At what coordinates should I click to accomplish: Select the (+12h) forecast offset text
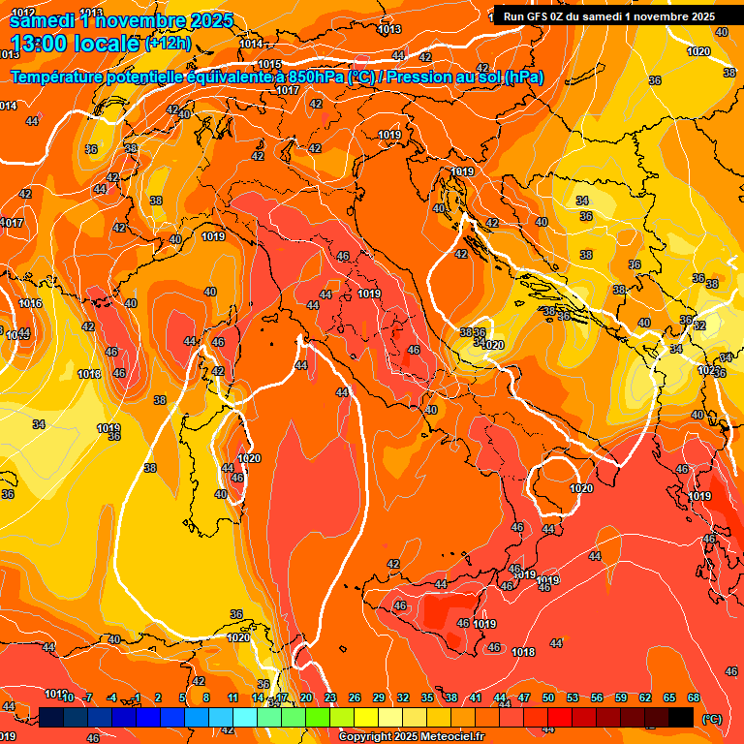tap(168, 43)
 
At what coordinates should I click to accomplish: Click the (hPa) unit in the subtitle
tap(523, 77)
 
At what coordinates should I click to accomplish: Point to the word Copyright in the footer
tap(366, 736)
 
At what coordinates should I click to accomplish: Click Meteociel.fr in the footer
tap(452, 736)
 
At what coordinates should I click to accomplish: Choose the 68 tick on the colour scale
tap(693, 697)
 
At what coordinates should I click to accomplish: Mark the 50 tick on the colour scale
tap(547, 697)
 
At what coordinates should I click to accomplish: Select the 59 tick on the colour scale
tap(620, 697)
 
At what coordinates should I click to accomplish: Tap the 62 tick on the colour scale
tap(644, 697)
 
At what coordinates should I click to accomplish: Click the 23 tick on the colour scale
tap(330, 697)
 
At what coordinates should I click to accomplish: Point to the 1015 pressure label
tap(269, 64)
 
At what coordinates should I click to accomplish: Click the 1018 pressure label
tap(523, 652)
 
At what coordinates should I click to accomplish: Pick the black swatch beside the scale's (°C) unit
tap(681, 717)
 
